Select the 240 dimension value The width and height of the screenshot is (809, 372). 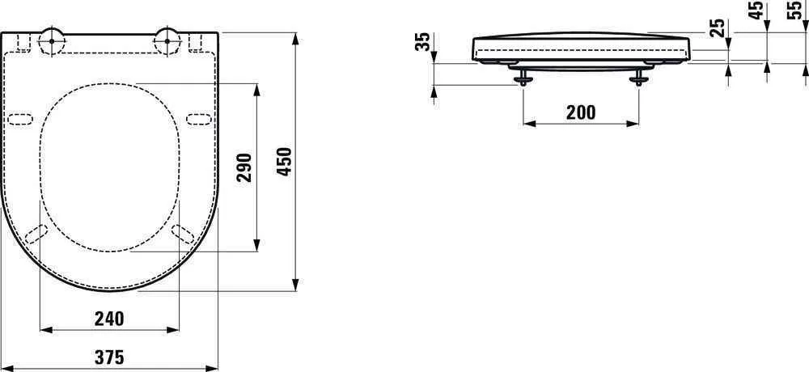point(109,319)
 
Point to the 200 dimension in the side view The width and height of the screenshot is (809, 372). point(581,112)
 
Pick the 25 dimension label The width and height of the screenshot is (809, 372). point(717,28)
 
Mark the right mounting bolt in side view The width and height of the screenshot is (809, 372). point(640,77)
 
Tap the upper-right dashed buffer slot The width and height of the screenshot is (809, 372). point(197,120)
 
